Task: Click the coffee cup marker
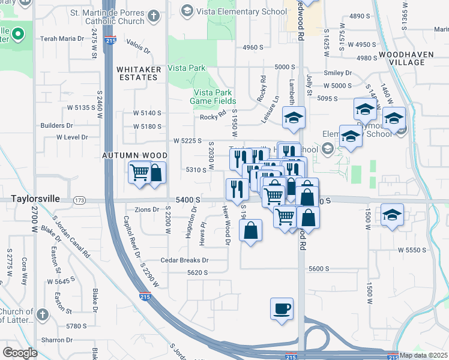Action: click(x=282, y=310)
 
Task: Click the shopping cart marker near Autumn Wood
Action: click(x=139, y=173)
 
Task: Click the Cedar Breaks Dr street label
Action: click(x=184, y=260)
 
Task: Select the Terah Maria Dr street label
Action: click(x=62, y=38)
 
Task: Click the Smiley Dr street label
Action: click(x=337, y=73)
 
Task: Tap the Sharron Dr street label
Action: click(x=57, y=340)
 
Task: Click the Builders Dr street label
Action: click(x=56, y=125)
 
